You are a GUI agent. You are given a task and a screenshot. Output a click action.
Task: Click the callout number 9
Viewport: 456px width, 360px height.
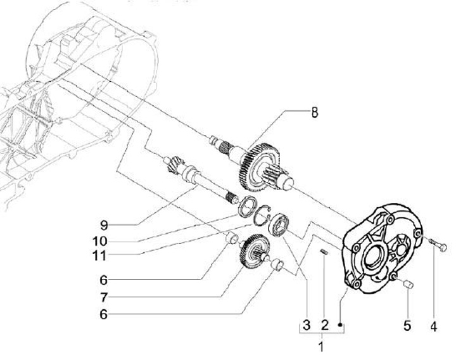pyautogui.click(x=104, y=225)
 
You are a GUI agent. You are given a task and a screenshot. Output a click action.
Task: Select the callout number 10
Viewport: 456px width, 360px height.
pyautogui.click(x=100, y=241)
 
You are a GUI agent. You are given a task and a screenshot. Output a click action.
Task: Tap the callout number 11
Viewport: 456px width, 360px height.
pyautogui.click(x=99, y=256)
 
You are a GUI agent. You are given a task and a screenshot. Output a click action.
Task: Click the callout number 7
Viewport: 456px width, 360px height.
pyautogui.click(x=104, y=297)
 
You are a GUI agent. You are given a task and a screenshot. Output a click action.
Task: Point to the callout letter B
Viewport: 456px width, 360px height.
pyautogui.click(x=315, y=112)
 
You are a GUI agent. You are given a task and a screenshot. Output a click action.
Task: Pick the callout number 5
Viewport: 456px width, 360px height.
pyautogui.click(x=407, y=325)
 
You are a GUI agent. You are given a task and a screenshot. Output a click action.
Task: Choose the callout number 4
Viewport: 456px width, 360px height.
pyautogui.click(x=434, y=326)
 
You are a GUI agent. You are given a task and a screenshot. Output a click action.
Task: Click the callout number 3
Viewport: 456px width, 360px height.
pyautogui.click(x=307, y=325)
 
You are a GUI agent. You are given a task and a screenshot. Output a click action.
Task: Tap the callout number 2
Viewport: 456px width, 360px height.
pyautogui.click(x=324, y=325)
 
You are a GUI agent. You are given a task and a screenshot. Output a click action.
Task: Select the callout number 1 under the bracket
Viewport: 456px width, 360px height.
pyautogui.click(x=321, y=347)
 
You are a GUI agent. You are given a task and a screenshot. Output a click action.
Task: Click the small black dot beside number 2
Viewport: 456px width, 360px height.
pyautogui.click(x=340, y=325)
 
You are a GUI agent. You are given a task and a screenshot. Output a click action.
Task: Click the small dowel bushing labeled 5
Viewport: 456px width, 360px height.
pyautogui.click(x=408, y=284)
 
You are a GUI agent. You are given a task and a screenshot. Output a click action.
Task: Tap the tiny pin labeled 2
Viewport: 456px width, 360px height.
pyautogui.click(x=324, y=252)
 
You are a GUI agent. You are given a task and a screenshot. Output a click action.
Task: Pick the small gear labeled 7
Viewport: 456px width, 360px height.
pyautogui.click(x=251, y=251)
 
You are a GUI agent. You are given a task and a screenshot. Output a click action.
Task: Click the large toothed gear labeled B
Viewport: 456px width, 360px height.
pyautogui.click(x=258, y=167)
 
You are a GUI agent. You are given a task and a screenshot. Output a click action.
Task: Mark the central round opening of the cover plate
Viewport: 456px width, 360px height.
pyautogui.click(x=375, y=256)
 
